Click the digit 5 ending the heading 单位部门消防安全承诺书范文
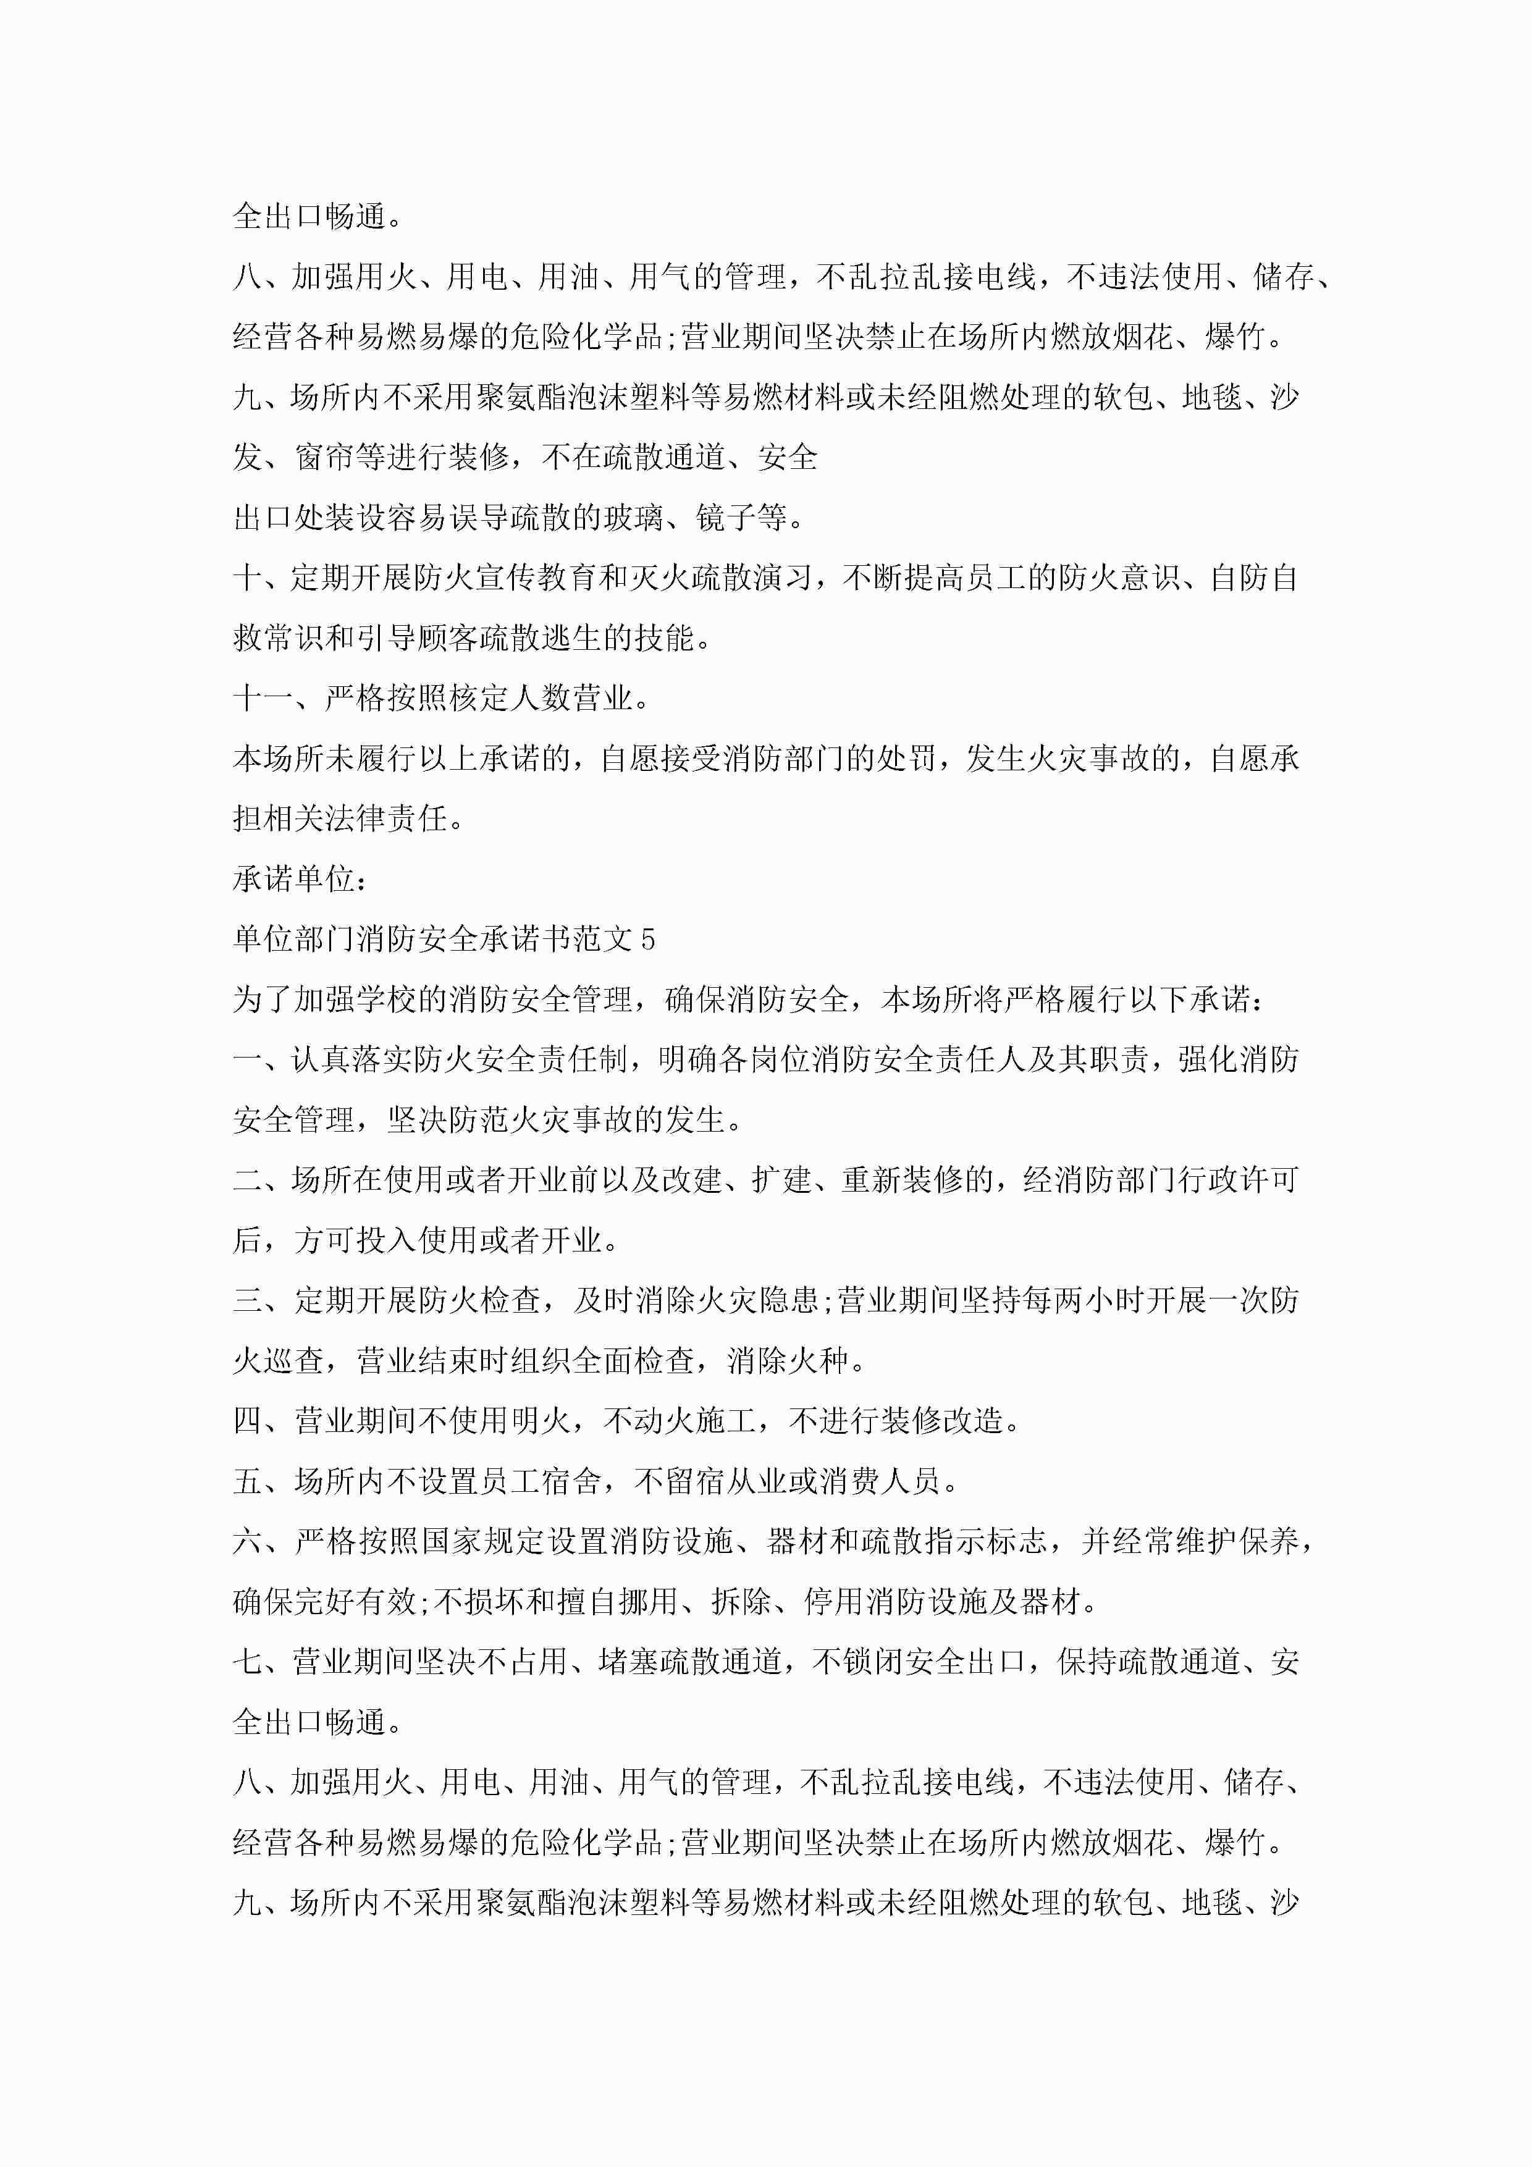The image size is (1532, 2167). [x=647, y=939]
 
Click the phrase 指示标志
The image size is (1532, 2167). [x=987, y=1541]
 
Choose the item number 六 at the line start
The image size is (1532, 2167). [x=247, y=1541]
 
